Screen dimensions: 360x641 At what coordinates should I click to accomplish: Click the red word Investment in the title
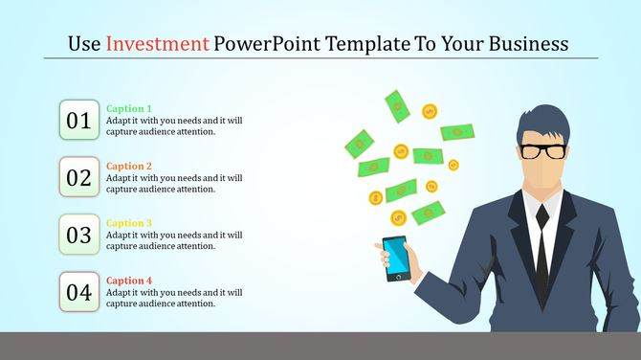(158, 44)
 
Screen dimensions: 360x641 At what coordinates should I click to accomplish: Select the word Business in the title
(525, 44)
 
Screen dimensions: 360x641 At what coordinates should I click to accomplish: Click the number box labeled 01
(78, 120)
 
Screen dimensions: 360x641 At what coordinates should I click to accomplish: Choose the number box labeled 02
(78, 177)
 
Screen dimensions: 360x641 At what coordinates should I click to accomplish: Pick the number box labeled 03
(78, 234)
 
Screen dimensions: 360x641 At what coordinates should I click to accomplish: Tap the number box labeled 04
(78, 291)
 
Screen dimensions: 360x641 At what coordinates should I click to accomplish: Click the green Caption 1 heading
(129, 109)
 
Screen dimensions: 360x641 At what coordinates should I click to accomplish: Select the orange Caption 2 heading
(129, 166)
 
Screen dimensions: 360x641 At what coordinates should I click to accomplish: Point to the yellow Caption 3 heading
(129, 223)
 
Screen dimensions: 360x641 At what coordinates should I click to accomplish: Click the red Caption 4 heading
(129, 281)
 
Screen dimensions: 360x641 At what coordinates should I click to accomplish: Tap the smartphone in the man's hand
(394, 259)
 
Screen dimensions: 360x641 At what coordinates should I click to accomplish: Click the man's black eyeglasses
(543, 150)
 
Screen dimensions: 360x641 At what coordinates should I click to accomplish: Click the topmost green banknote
(397, 105)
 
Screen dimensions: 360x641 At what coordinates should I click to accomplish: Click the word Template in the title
(370, 44)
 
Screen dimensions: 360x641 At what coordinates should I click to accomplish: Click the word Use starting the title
(83, 44)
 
